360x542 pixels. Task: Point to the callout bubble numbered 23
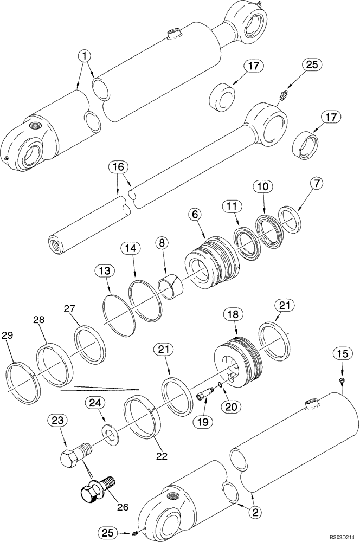coord(58,420)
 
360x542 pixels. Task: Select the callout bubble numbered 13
coord(105,270)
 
